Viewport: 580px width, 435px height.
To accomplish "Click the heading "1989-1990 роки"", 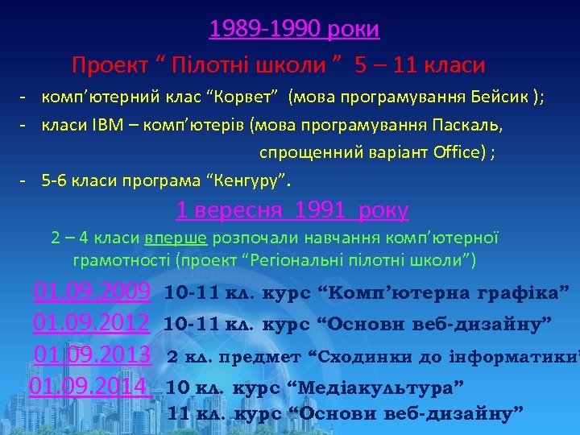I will coord(294,30).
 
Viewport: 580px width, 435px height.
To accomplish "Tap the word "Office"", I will coord(455,153).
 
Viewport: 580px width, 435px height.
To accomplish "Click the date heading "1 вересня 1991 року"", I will coord(292,211).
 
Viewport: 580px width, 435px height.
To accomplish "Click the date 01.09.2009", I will coord(93,291).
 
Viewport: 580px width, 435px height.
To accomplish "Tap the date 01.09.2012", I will coord(92,323).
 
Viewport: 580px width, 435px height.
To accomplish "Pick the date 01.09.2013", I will coord(93,355).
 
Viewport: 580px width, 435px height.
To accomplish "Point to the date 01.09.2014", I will coord(90,387).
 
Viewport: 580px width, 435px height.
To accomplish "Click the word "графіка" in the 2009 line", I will coord(524,291).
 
